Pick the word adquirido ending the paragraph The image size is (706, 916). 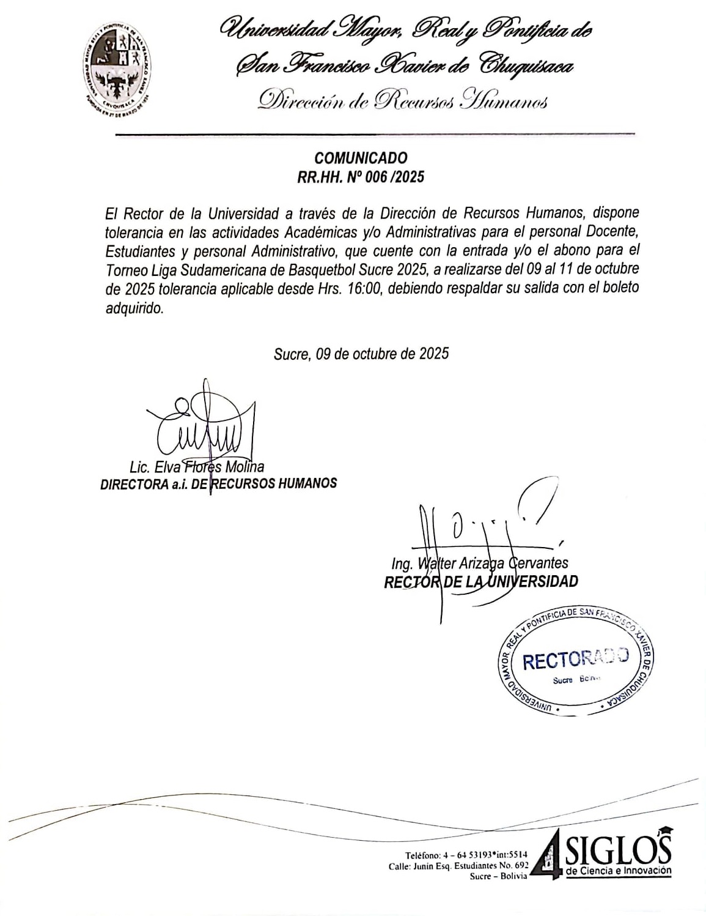click(x=134, y=308)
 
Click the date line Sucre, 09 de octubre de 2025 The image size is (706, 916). click(x=361, y=354)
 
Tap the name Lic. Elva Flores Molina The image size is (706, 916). click(x=197, y=467)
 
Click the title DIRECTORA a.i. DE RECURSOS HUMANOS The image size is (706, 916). click(x=218, y=483)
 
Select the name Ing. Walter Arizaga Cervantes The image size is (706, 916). click(x=480, y=563)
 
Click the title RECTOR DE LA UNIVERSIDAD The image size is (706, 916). click(x=480, y=581)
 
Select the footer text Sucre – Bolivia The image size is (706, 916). click(x=498, y=877)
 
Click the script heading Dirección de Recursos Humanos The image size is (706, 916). click(x=402, y=100)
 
